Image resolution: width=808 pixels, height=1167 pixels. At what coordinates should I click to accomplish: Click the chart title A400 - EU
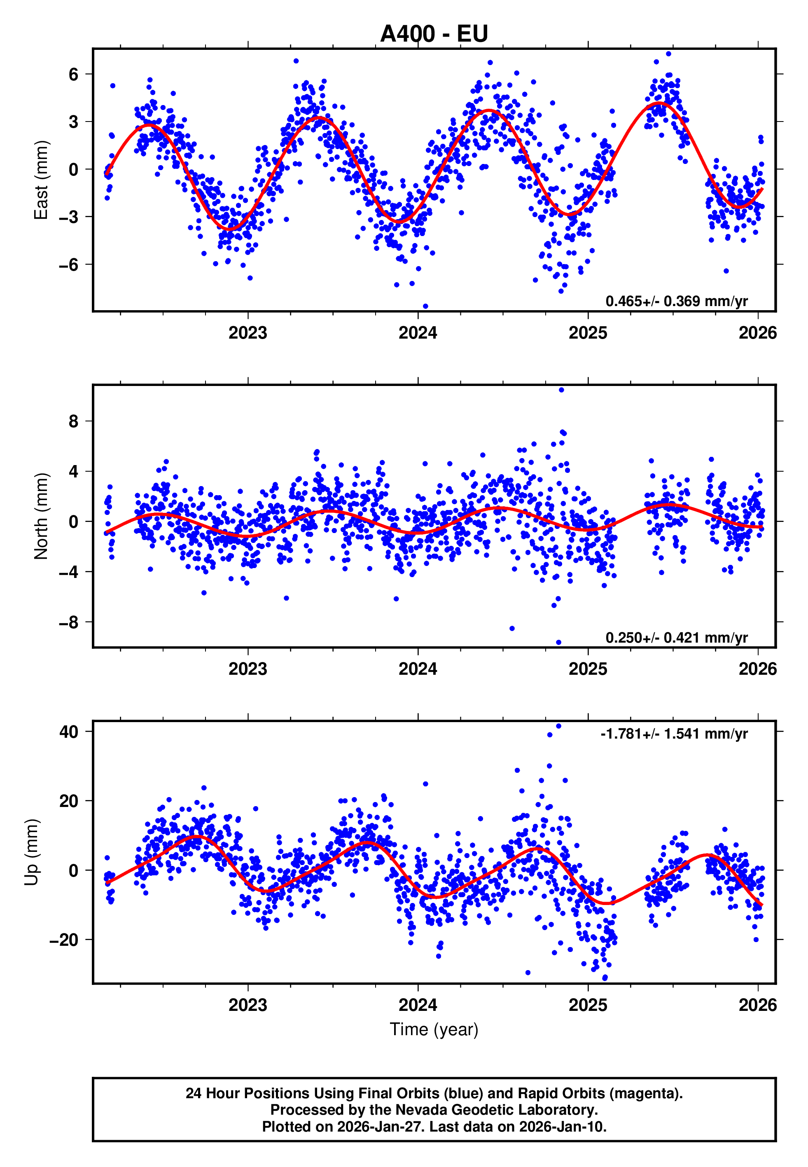coord(434,34)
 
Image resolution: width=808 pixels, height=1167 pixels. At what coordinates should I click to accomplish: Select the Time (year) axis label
coord(434,1029)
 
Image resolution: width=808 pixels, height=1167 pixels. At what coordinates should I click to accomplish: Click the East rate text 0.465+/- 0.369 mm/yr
coord(676,301)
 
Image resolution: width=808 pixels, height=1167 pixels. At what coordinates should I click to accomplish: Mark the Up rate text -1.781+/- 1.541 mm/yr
coord(674,734)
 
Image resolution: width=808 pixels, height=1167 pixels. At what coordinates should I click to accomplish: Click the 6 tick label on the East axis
coord(74,75)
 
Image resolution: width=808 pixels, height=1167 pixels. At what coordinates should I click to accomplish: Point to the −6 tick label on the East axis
coord(69,265)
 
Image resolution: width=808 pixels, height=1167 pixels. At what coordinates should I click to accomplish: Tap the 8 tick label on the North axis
coord(74,421)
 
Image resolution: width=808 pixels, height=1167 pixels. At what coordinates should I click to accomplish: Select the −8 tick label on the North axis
coord(69,622)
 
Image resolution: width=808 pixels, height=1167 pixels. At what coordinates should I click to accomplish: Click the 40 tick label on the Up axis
coord(69,732)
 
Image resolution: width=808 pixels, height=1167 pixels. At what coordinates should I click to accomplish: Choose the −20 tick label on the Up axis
coord(64,940)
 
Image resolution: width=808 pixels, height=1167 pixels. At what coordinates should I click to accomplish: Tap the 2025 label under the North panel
coord(588,669)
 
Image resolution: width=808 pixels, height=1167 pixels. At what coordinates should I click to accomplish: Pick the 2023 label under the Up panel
coord(248,1005)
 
